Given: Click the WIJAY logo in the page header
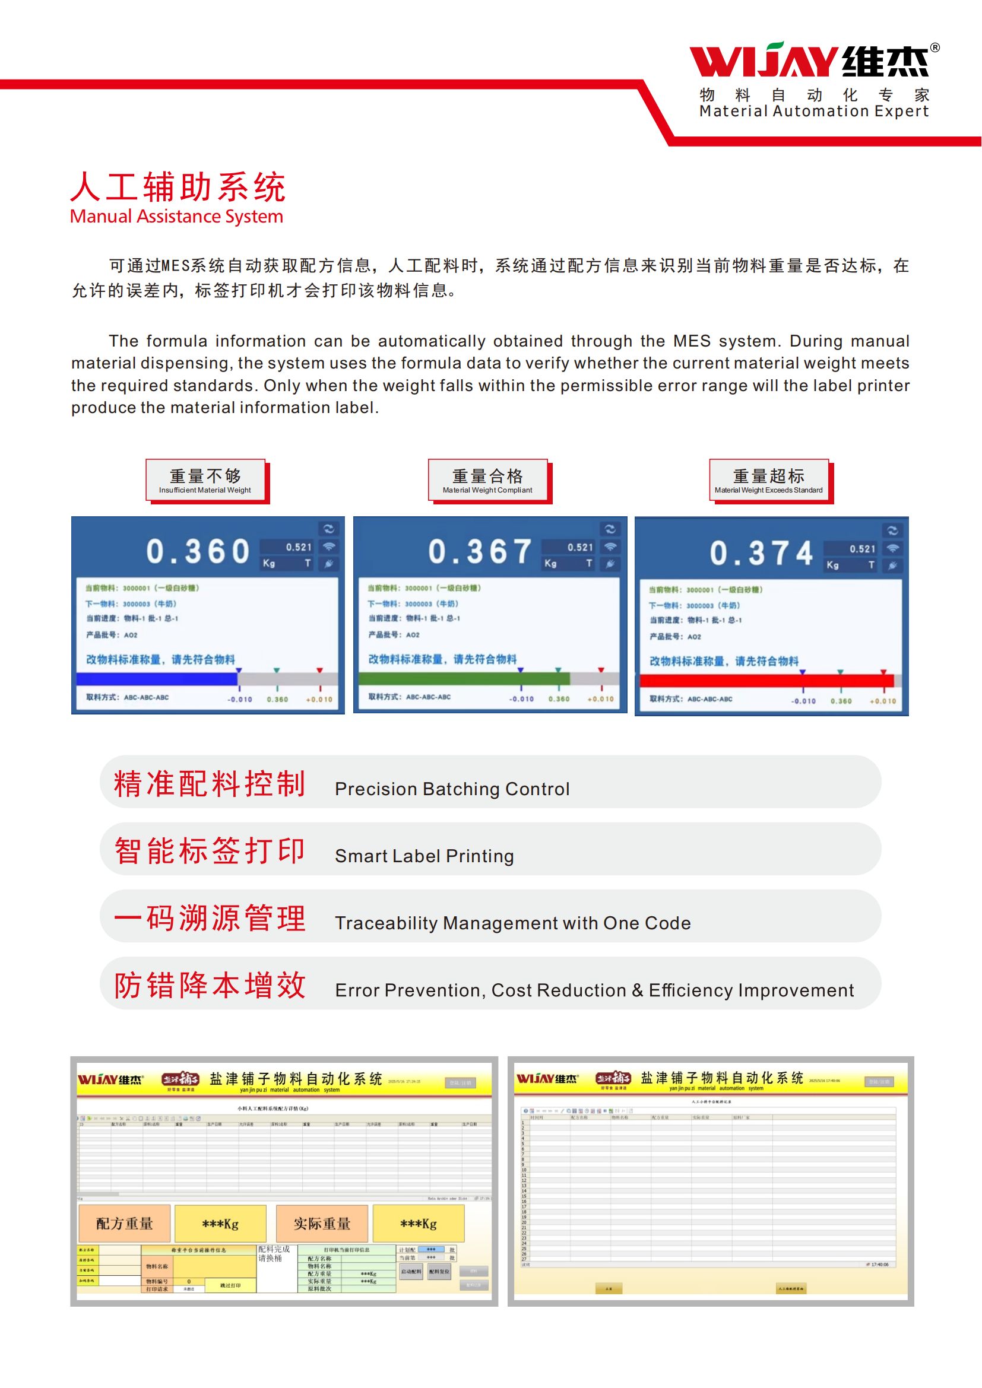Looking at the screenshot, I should point(810,61).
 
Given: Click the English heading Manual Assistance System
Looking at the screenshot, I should point(176,217).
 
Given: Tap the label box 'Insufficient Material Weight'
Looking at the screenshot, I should point(205,480).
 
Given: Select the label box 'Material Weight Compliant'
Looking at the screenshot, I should point(487,480).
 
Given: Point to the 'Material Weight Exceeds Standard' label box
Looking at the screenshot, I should point(768,480).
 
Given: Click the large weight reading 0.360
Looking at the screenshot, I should point(198,551).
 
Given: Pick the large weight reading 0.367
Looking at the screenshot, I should point(480,551).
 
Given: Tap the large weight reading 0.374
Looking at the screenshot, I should point(761,553).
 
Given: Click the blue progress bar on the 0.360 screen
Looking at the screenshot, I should point(157,679).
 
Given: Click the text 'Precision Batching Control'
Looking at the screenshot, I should point(452,789).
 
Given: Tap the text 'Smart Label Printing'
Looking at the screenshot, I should point(424,856).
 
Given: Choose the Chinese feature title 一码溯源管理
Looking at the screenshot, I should point(210,917).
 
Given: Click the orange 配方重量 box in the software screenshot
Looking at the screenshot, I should point(125,1224).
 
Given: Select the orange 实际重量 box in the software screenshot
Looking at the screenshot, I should point(322,1224).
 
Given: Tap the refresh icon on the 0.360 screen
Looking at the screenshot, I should point(328,528).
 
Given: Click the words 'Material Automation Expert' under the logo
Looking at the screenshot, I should point(813,111).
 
